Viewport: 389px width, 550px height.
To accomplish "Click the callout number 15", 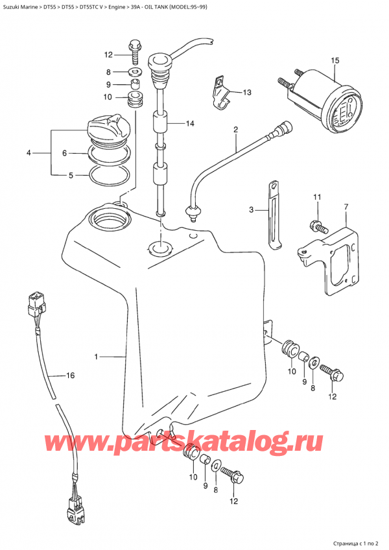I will coord(335,61).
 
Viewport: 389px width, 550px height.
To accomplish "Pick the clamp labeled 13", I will coord(220,97).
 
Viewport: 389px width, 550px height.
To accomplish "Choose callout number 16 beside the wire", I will coord(71,376).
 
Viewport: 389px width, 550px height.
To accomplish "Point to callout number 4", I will coord(29,153).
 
